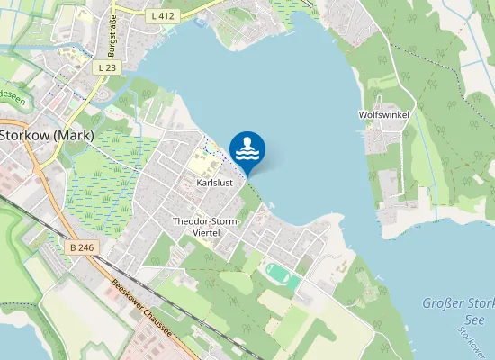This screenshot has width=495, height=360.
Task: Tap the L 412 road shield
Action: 163,15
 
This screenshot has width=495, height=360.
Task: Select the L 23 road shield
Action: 107,67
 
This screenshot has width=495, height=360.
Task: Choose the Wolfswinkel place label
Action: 383,115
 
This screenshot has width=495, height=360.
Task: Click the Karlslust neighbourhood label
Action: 214,183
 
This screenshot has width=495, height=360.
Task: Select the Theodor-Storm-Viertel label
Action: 208,226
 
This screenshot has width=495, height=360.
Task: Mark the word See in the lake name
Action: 476,320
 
